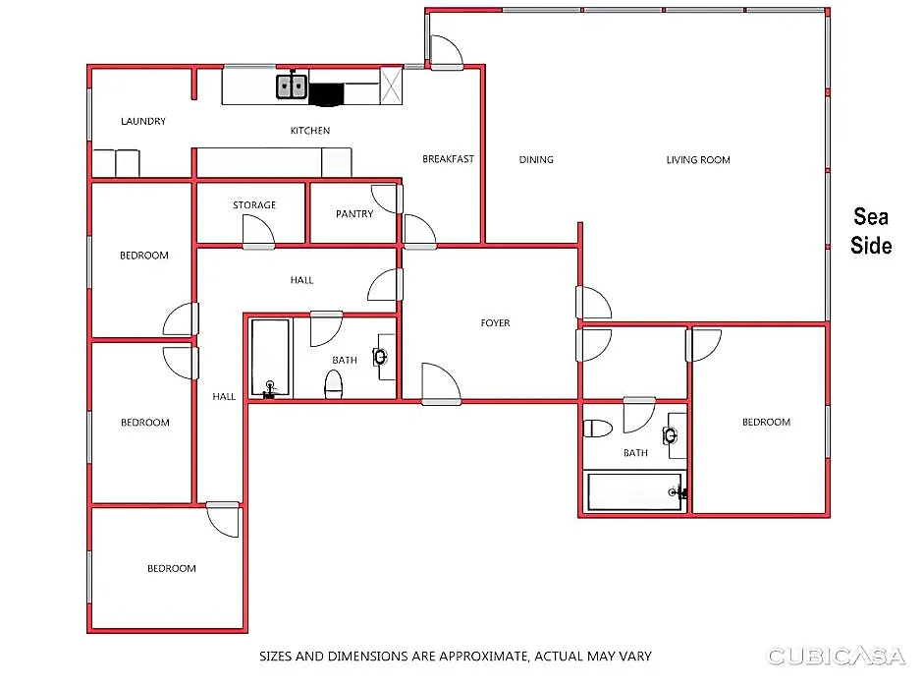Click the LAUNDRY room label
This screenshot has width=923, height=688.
pos(143,121)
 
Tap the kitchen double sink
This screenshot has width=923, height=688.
pos(292,86)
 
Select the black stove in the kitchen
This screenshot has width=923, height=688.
pos(326,94)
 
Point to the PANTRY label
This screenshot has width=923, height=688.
pos(354,214)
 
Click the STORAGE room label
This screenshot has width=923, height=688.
pos(254,205)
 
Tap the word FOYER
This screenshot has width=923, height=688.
pos(495,322)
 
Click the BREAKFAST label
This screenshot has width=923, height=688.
pos(448,159)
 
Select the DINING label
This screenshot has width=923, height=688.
pos(536,159)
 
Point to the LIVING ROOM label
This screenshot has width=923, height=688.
pos(698,159)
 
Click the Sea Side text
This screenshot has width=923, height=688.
pos(871,231)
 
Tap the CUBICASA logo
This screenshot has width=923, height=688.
pos(836,656)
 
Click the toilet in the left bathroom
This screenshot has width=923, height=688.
pos(334,384)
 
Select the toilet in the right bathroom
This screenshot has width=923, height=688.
pos(597,429)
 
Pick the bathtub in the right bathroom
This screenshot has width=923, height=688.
pos(634,491)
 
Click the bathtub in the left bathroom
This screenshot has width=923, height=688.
pos(270,358)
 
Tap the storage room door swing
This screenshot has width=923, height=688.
pos(259,230)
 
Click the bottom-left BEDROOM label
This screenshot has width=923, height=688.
pos(171,568)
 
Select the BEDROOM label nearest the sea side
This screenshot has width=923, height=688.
pos(766,422)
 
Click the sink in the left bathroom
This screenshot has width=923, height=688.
pos(380,357)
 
